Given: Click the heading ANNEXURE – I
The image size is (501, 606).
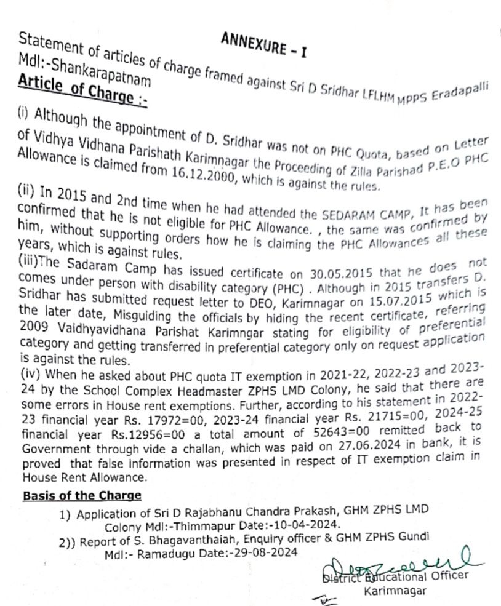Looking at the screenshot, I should (x=263, y=46).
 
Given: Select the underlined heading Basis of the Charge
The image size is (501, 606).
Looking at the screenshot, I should (x=82, y=495).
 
